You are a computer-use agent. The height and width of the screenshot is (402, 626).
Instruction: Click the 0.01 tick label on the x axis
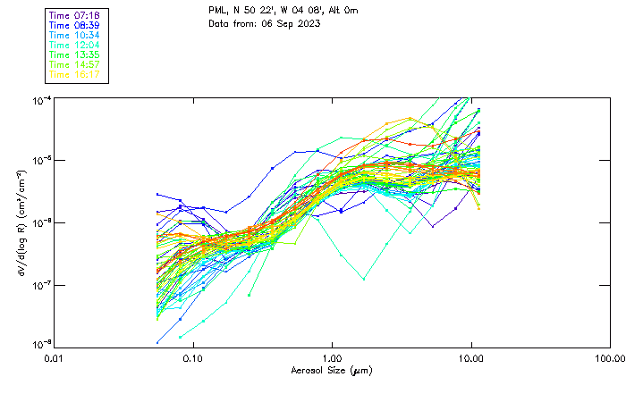pos(53,357)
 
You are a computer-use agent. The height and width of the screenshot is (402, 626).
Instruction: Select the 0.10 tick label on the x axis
pos(192,357)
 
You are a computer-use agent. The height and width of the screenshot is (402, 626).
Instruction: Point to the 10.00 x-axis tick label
pos(471,357)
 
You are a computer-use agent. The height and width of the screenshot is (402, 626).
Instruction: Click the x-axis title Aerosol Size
pos(332,370)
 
